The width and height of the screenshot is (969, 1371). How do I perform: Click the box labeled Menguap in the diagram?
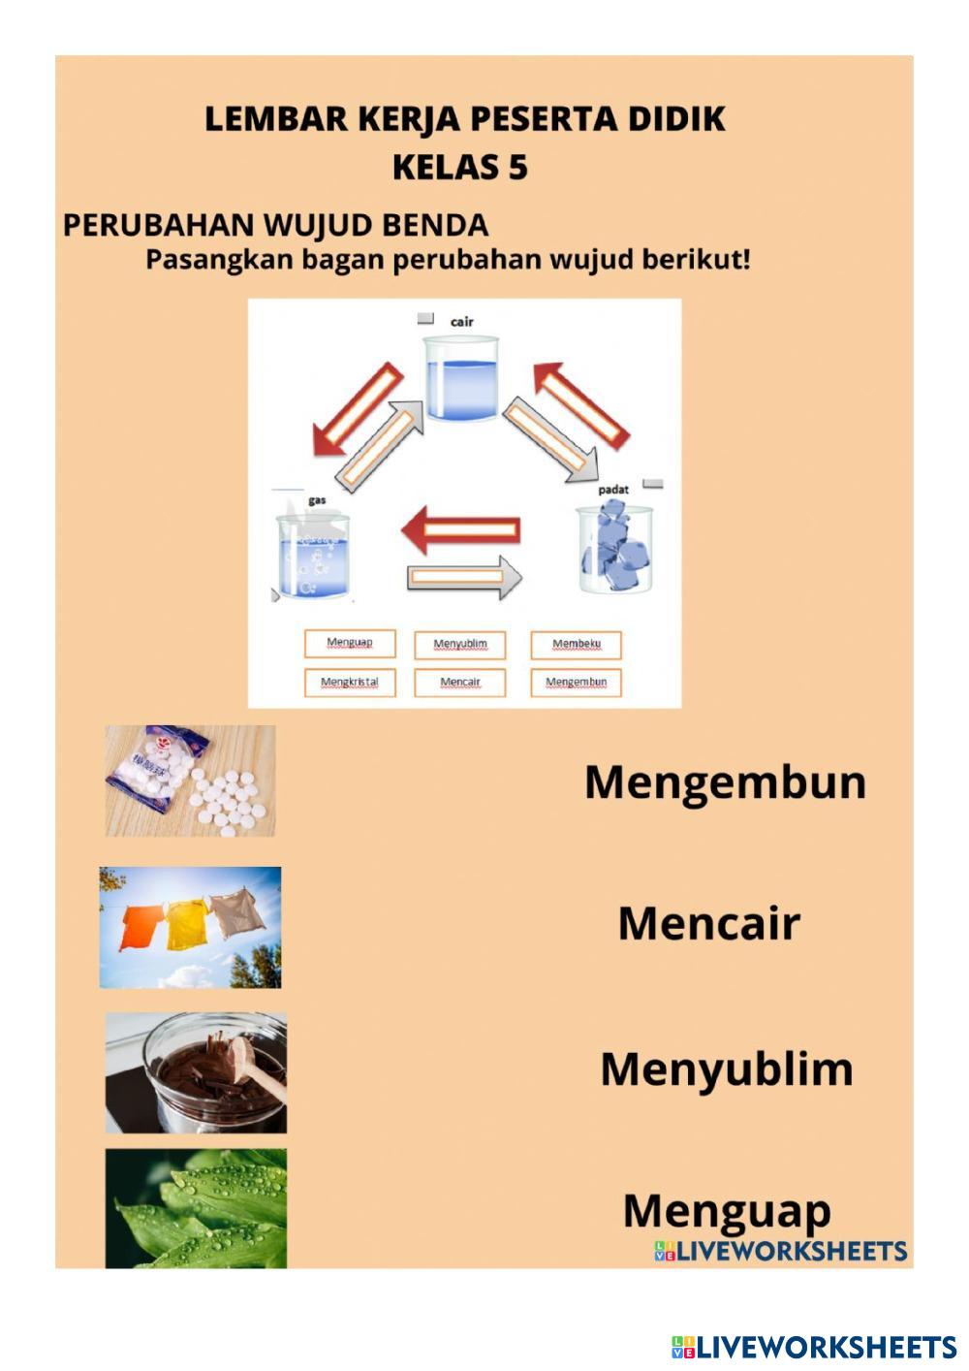pyautogui.click(x=350, y=643)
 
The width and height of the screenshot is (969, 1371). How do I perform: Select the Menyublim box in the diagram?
pyautogui.click(x=460, y=645)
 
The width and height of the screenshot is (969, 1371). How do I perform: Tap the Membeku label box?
pyautogui.click(x=576, y=645)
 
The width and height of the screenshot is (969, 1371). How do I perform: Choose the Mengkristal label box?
pyautogui.click(x=350, y=682)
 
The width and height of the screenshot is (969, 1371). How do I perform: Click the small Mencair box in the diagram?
pyautogui.click(x=460, y=682)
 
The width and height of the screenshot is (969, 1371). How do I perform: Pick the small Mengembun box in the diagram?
pyautogui.click(x=576, y=682)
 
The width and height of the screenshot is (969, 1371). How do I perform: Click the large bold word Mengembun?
pyautogui.click(x=725, y=782)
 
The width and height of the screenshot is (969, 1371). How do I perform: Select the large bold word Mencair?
pyautogui.click(x=708, y=923)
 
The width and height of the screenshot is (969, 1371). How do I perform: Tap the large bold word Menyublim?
pyautogui.click(x=726, y=1068)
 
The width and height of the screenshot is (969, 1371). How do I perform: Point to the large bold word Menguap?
pyautogui.click(x=727, y=1210)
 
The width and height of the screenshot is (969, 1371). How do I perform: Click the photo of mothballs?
pyautogui.click(x=190, y=781)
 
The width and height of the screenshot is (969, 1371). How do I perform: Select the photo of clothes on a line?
pyautogui.click(x=190, y=927)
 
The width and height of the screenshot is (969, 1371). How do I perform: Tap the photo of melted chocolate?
pyautogui.click(x=196, y=1072)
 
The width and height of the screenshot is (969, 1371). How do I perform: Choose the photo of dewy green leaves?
pyautogui.click(x=196, y=1208)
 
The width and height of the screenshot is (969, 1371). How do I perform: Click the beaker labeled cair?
pyautogui.click(x=461, y=378)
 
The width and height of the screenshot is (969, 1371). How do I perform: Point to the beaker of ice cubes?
pyautogui.click(x=614, y=548)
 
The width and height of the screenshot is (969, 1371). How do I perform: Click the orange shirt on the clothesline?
pyautogui.click(x=141, y=926)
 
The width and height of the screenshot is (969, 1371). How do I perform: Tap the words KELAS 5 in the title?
pyautogui.click(x=460, y=167)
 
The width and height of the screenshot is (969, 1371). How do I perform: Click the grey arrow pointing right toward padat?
pyautogui.click(x=463, y=577)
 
